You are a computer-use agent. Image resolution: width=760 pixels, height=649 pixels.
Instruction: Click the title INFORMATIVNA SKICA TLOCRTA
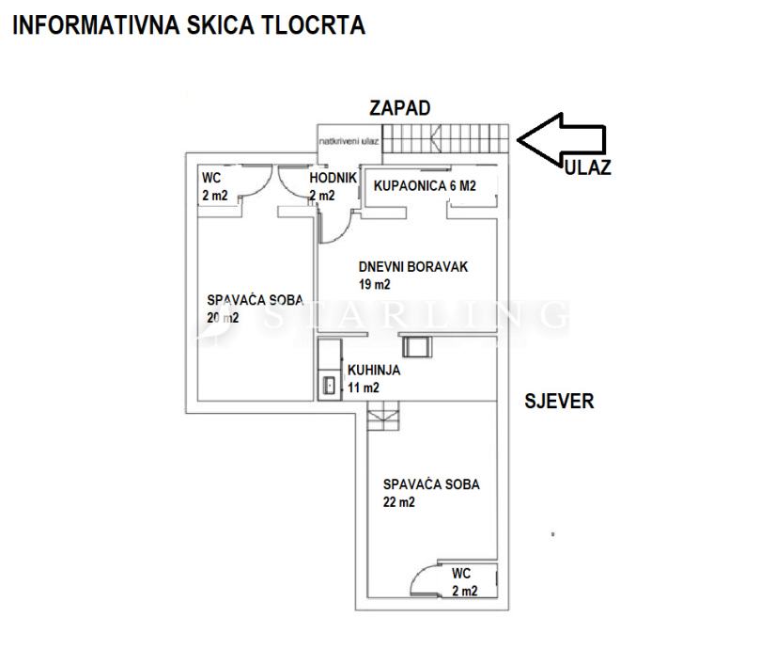[x=188, y=25]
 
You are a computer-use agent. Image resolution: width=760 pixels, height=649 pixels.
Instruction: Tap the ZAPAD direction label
[x=400, y=108]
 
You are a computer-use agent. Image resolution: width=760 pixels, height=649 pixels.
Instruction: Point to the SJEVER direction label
[x=559, y=402]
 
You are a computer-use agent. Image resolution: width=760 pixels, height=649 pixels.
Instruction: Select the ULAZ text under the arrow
[x=588, y=168]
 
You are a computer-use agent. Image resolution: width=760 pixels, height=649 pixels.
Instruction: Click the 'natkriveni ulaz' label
[x=349, y=141]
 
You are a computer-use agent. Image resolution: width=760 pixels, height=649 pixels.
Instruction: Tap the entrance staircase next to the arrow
[x=448, y=139]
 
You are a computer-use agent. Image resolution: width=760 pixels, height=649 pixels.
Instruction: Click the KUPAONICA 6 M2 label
[x=425, y=186]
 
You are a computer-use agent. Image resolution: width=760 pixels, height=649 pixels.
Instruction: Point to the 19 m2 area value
[x=374, y=284]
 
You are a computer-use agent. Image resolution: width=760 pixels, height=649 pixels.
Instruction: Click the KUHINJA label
[x=373, y=370]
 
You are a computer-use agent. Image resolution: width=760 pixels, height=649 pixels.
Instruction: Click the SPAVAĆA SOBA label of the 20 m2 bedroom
[x=255, y=300]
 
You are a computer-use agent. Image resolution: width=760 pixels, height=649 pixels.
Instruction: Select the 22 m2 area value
[x=398, y=502]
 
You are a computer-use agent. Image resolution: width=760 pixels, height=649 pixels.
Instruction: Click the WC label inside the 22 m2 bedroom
[x=460, y=573]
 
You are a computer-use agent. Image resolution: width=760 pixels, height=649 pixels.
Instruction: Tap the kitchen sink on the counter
[x=329, y=384]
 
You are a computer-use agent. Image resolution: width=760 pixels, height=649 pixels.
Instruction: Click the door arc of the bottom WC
[x=428, y=576]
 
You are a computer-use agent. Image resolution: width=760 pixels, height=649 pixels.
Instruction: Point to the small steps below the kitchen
[x=382, y=415]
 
